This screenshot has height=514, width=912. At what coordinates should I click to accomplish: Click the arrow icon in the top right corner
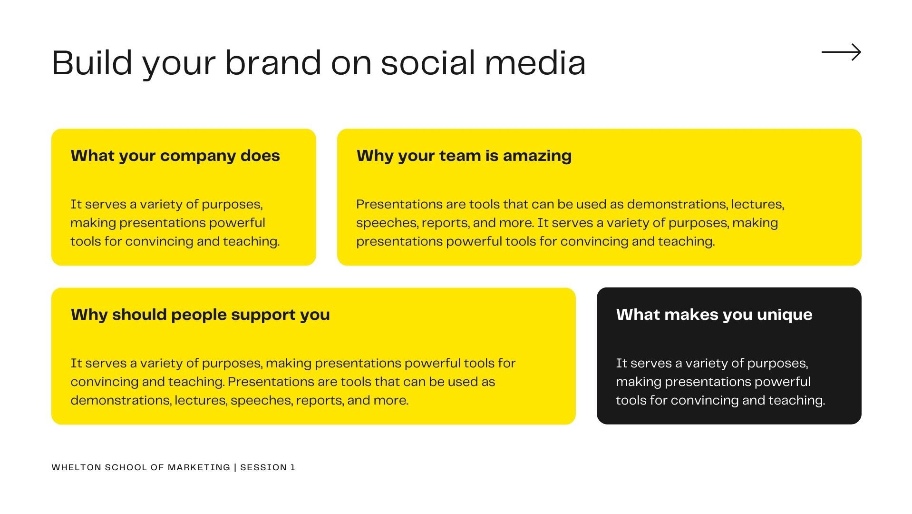(x=841, y=52)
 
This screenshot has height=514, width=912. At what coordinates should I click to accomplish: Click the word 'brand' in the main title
(x=273, y=62)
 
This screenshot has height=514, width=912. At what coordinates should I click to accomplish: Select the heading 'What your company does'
(x=175, y=156)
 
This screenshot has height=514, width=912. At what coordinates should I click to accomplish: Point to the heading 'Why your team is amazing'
(x=464, y=156)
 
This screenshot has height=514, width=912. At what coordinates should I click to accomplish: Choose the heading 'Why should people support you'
(x=200, y=315)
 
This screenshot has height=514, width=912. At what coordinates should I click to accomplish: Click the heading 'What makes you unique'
(x=714, y=315)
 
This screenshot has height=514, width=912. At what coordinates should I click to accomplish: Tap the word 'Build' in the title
(x=92, y=62)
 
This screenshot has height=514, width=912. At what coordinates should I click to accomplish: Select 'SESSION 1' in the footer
(x=268, y=467)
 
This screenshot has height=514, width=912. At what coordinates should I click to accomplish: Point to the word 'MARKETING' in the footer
(x=199, y=467)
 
